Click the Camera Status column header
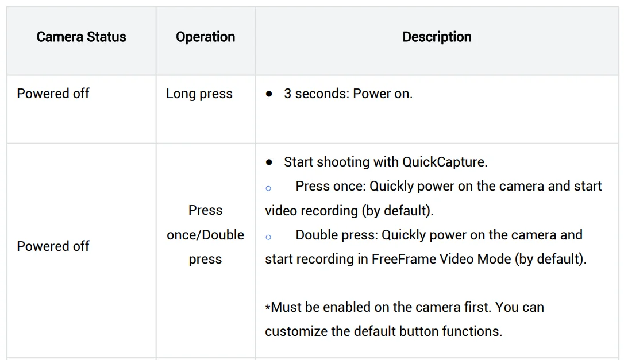[x=81, y=37]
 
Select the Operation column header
[x=205, y=37]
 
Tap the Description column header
[x=437, y=37]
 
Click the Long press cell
[x=199, y=94]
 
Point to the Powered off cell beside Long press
[x=53, y=94]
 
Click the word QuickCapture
[x=445, y=162]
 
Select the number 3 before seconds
[x=288, y=94]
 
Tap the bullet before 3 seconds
[x=269, y=94]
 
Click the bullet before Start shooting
[x=269, y=162]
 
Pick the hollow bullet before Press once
[x=268, y=188]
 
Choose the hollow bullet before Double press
[x=268, y=237]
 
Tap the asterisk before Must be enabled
[x=268, y=308]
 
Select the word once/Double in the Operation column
[x=205, y=235]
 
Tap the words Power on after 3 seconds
[x=383, y=94]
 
